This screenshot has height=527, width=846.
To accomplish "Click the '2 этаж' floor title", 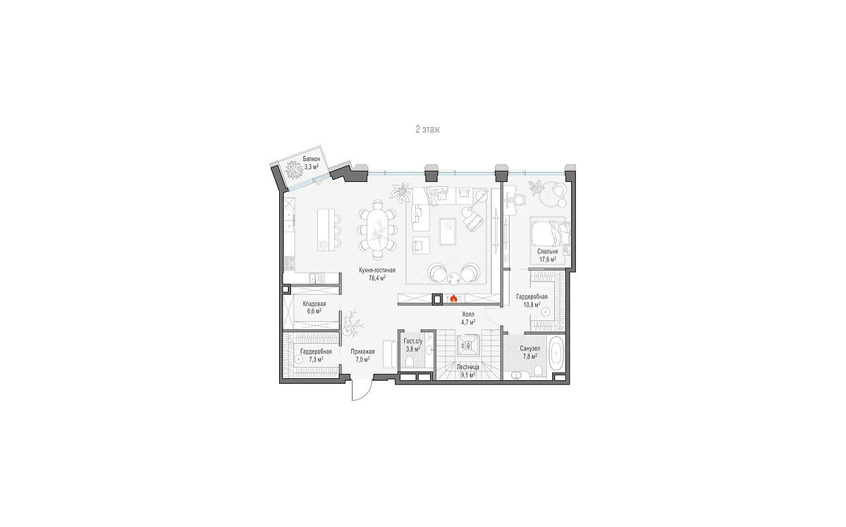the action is pos(427,130).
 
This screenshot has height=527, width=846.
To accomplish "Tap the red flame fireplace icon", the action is pos(453,298).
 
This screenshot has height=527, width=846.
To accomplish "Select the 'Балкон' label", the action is pos(311,159).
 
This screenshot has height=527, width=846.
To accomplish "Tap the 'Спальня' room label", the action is pos(548,251).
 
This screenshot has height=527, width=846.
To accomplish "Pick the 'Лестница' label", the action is pos(467,367).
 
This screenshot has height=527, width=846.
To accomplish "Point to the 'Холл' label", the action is pos(468,315).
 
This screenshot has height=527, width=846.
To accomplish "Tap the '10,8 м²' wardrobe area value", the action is pos(532,304).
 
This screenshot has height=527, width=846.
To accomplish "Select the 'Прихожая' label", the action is pos(362,352).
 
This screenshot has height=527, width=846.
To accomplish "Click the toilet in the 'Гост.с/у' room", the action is pos(409,363).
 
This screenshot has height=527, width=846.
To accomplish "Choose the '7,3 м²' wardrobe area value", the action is pos(314,359).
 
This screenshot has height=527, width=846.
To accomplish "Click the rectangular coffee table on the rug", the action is pos(448,231).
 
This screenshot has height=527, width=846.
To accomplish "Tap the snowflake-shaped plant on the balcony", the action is pos(293,169).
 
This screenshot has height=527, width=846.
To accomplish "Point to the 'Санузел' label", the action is pos(530,349).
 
